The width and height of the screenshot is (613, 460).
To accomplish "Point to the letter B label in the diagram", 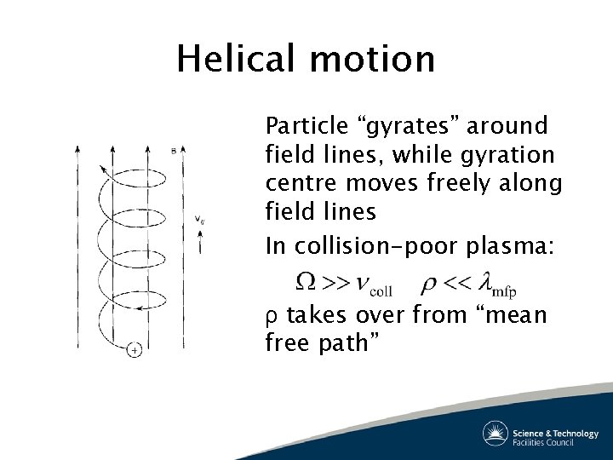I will point(173,152).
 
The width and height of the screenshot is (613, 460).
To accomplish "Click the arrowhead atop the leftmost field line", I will point(78,150).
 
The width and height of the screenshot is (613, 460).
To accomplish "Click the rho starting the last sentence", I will point(271,317).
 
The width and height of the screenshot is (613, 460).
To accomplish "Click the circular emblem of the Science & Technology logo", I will point(496,433).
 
